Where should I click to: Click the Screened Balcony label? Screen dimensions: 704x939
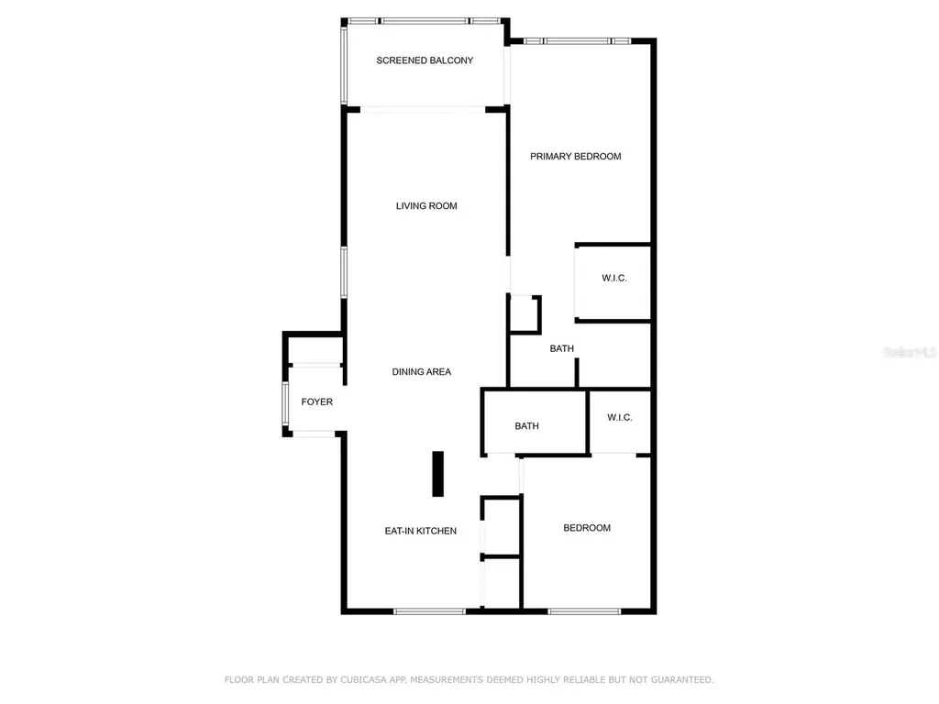[425, 60]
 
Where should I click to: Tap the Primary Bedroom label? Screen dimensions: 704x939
[575, 157]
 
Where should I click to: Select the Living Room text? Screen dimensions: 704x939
[426, 206]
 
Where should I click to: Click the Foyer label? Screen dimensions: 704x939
[317, 402]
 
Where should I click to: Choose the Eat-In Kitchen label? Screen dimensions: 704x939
[420, 531]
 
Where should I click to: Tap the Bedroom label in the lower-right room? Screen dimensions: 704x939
[587, 528]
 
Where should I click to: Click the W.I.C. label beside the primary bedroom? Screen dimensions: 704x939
[613, 278]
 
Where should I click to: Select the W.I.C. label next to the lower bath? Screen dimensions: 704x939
[620, 418]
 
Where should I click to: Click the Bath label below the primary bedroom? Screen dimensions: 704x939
[562, 349]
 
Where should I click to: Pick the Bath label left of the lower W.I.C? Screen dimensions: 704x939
[527, 426]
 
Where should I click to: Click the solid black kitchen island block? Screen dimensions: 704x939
[438, 473]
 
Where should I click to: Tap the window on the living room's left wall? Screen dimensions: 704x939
[345, 272]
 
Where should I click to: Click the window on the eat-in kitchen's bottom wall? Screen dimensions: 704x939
[429, 610]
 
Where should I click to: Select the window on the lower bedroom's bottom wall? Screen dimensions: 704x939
[584, 610]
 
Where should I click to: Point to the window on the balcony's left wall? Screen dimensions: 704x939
[345, 64]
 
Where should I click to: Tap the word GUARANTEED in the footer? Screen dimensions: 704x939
[679, 680]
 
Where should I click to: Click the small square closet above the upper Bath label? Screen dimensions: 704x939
[525, 313]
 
